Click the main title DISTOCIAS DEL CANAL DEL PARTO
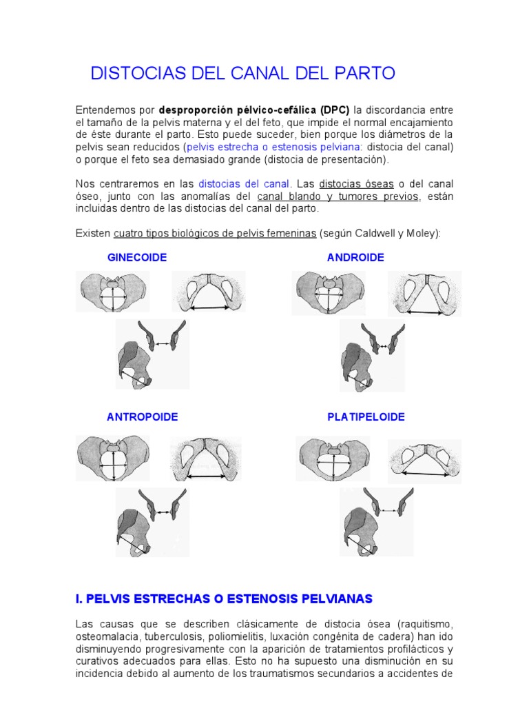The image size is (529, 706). (x=243, y=73)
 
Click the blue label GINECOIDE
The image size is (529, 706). (x=137, y=257)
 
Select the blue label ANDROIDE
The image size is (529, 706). (x=355, y=257)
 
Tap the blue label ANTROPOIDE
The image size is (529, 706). (x=142, y=417)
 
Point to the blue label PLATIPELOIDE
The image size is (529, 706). (x=366, y=417)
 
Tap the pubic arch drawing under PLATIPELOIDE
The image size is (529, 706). (x=424, y=461)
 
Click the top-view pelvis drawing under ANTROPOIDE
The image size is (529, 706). (x=112, y=459)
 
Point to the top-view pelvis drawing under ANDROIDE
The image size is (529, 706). (x=331, y=292)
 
